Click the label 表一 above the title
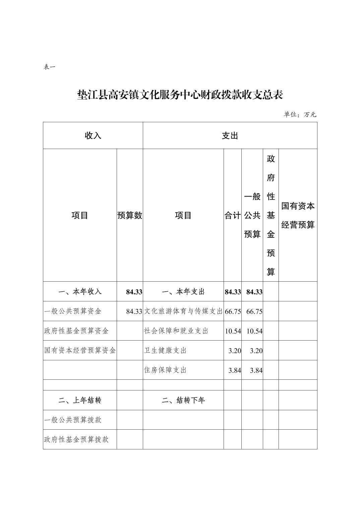(50, 67)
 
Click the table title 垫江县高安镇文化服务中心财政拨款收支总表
(180, 95)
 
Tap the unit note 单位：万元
(300, 115)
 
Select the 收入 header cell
(93, 136)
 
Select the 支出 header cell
(230, 136)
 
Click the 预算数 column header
(130, 215)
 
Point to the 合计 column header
(233, 215)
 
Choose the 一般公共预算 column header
(252, 215)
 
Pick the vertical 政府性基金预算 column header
(271, 215)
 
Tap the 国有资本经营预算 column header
(298, 215)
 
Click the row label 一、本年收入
(80, 292)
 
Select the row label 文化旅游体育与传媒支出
(183, 311)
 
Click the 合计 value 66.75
(233, 311)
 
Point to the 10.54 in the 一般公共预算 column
(254, 331)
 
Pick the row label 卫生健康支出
(165, 351)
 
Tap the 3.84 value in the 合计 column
(235, 370)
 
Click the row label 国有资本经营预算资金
(80, 351)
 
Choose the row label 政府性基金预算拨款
(76, 439)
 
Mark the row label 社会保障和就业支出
(176, 331)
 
